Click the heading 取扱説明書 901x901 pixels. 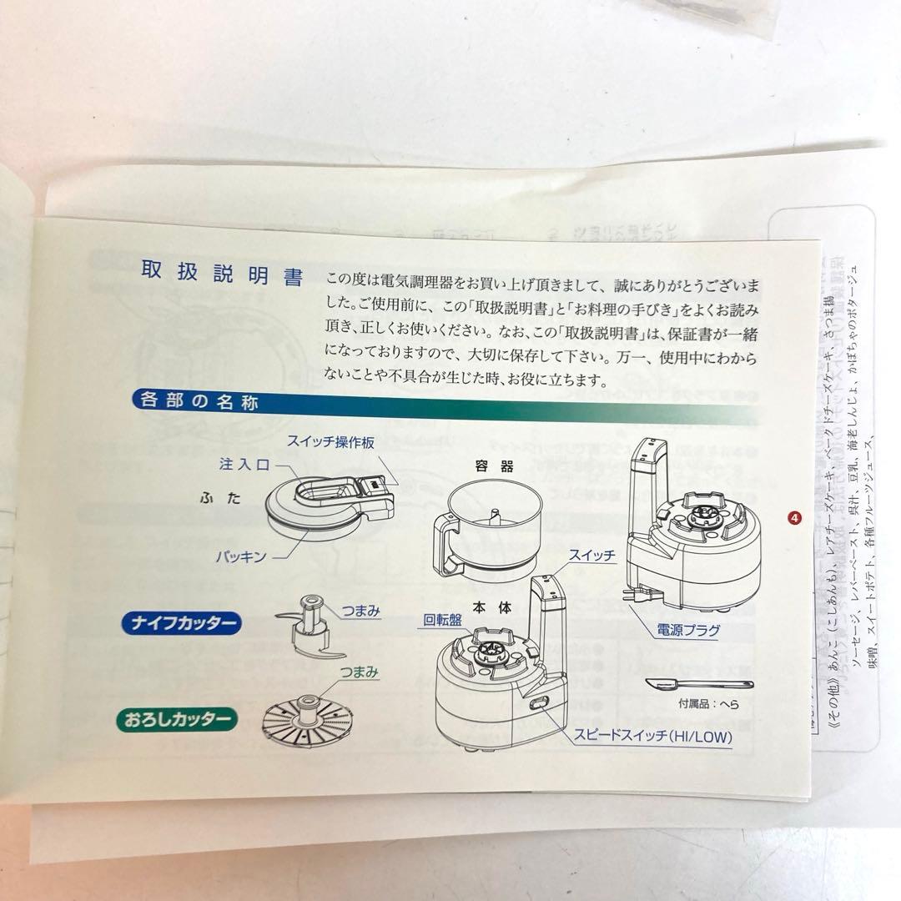pyautogui.click(x=222, y=274)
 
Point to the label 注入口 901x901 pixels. pyautogui.click(x=244, y=465)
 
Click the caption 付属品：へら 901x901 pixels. pyautogui.click(x=709, y=703)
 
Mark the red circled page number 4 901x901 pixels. pyautogui.click(x=794, y=518)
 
